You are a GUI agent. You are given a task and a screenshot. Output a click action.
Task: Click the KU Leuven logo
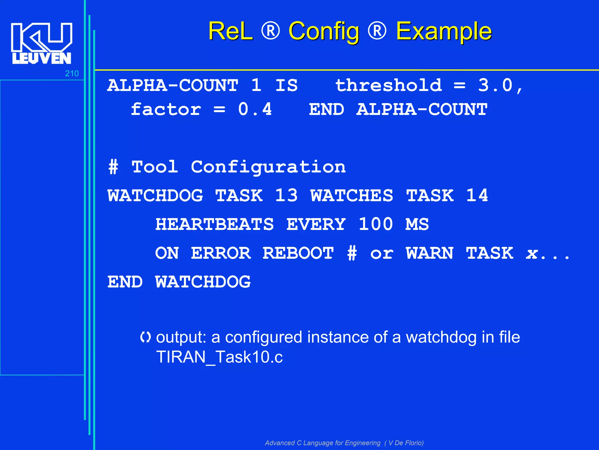41,43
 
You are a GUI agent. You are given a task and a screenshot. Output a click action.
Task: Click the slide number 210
72,74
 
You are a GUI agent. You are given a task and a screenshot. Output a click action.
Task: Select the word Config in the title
324,32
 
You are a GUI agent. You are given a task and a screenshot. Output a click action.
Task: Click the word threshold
388,85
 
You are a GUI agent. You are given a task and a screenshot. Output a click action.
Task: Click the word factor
166,109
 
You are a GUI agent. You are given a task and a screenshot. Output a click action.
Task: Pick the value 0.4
255,109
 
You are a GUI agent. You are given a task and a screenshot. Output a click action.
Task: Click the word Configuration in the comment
268,167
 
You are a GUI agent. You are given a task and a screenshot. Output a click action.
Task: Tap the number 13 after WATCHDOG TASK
286,195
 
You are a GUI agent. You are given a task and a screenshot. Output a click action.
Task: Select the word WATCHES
352,195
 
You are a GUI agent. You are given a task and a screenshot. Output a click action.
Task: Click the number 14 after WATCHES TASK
477,195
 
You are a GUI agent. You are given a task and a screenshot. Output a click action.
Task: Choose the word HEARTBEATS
214,224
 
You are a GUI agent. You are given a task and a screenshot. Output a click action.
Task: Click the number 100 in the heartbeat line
376,224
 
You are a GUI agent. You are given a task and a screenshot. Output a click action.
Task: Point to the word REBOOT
298,253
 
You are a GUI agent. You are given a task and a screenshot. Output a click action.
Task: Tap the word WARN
430,253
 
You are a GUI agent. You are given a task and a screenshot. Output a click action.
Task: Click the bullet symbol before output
145,337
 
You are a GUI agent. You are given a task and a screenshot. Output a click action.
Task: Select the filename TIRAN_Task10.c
220,357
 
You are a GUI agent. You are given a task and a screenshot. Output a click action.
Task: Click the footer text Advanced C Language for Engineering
323,443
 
